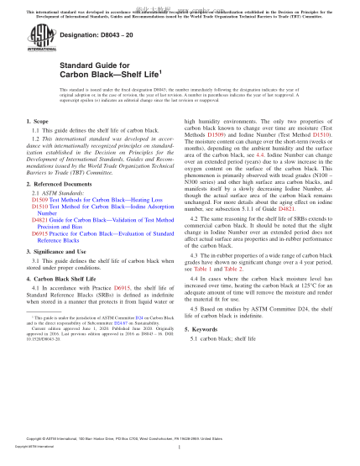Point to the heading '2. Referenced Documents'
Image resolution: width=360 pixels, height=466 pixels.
click(57, 207)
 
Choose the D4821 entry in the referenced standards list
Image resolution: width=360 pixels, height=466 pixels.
click(37, 239)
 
